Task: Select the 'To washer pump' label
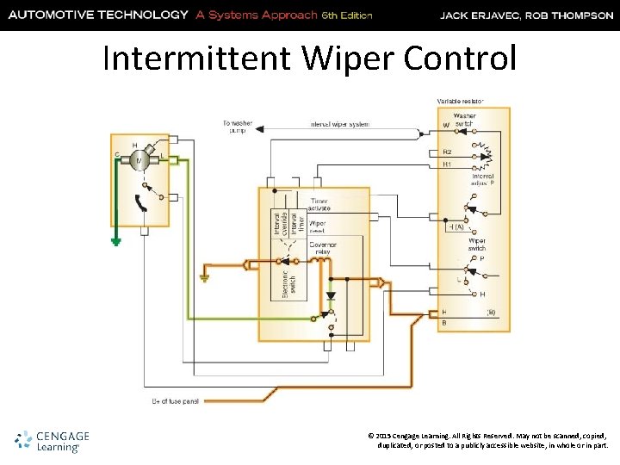(237, 127)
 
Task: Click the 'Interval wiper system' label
(339, 125)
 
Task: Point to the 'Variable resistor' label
(460, 102)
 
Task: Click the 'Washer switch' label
(464, 120)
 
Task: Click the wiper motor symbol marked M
(139, 161)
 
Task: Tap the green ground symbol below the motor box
(115, 242)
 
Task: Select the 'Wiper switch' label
(476, 245)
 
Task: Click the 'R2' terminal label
(447, 152)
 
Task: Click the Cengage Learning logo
(52, 440)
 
